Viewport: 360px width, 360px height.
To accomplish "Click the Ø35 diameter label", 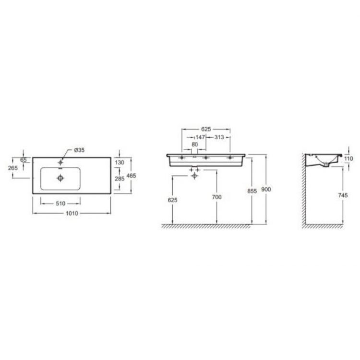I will (79, 151).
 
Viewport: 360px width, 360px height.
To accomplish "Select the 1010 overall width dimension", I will (72, 213).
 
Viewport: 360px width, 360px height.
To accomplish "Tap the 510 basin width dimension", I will (60, 203).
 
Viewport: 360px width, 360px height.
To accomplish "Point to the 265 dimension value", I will (13, 168).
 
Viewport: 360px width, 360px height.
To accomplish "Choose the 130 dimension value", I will (120, 162).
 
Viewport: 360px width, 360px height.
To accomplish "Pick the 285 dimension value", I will (120, 178).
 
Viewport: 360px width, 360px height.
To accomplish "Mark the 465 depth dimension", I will (132, 176).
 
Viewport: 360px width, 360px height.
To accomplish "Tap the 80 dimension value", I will (195, 144).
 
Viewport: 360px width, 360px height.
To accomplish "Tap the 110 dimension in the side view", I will (348, 159).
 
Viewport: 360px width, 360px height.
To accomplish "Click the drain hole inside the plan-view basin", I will (60, 178).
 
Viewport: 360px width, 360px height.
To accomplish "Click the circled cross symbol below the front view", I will (194, 176).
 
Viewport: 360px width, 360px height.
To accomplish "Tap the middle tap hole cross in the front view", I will (205, 157).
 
